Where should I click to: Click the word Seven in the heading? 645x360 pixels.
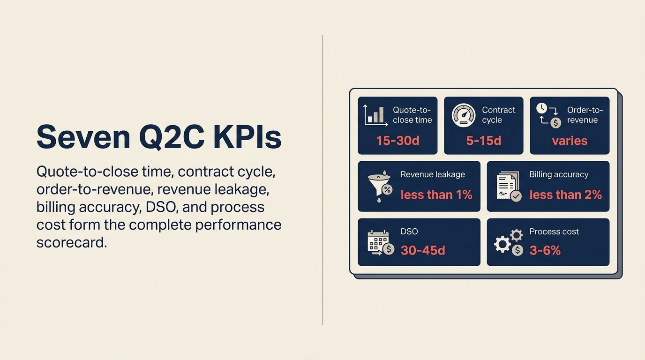(83, 137)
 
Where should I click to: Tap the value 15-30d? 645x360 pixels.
(397, 141)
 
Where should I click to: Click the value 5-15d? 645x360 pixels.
(483, 141)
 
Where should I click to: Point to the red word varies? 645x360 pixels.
(570, 141)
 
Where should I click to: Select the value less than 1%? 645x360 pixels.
(436, 195)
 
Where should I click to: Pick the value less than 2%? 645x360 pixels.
(565, 195)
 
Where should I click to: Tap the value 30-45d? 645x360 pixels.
(423, 250)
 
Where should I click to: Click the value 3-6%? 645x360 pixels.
(545, 250)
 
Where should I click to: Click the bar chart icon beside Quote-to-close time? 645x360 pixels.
(375, 115)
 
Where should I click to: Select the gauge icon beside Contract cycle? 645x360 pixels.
(464, 115)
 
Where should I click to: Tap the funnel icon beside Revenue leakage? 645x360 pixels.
(380, 187)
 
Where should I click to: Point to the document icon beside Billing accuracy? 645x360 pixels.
(509, 187)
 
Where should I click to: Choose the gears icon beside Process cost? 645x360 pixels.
(509, 242)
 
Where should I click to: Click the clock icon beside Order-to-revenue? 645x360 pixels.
(542, 108)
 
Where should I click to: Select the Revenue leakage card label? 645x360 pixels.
(433, 174)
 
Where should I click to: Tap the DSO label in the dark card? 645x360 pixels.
(409, 232)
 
